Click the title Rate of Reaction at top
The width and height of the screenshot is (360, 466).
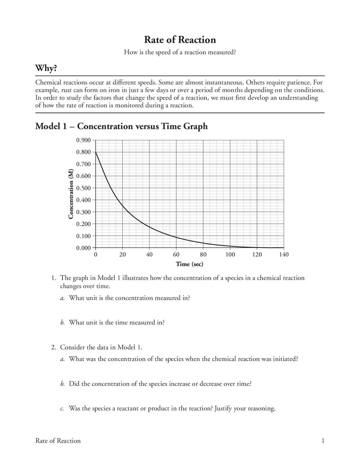pyautogui.click(x=180, y=40)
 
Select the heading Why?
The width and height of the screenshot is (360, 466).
pyautogui.click(x=46, y=68)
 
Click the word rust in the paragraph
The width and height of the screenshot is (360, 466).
pyautogui.click(x=67, y=90)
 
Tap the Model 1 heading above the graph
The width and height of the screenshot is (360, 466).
pyautogui.click(x=121, y=126)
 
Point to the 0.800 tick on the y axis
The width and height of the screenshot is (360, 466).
pyautogui.click(x=84, y=152)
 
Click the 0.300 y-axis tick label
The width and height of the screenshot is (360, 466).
pyautogui.click(x=84, y=212)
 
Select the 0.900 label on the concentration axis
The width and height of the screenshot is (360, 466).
pyautogui.click(x=84, y=140)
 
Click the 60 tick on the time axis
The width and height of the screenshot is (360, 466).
pyautogui.click(x=176, y=255)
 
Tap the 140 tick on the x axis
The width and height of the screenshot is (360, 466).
pyautogui.click(x=284, y=255)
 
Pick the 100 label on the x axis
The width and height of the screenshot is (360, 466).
pyautogui.click(x=230, y=255)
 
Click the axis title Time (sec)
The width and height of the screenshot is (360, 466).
pyautogui.click(x=189, y=264)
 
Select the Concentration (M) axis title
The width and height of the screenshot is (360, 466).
pyautogui.click(x=71, y=194)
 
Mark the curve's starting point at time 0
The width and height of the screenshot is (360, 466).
pyautogui.click(x=96, y=152)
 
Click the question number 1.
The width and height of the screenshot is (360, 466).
pyautogui.click(x=53, y=278)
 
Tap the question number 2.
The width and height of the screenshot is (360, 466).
pyautogui.click(x=53, y=347)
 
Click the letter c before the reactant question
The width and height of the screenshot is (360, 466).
pyautogui.click(x=62, y=409)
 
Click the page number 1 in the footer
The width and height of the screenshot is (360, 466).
pyautogui.click(x=323, y=441)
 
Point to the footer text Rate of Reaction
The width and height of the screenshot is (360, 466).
pyautogui.click(x=58, y=441)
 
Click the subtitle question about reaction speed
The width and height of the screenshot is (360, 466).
pyautogui.click(x=180, y=52)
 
